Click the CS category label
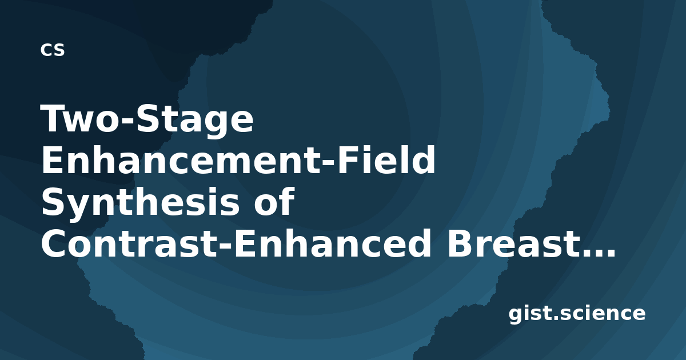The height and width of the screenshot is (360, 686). point(53,50)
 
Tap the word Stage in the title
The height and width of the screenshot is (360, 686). point(194,122)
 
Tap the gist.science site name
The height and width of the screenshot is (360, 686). point(577,314)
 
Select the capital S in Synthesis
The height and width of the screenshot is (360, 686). point(53,201)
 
